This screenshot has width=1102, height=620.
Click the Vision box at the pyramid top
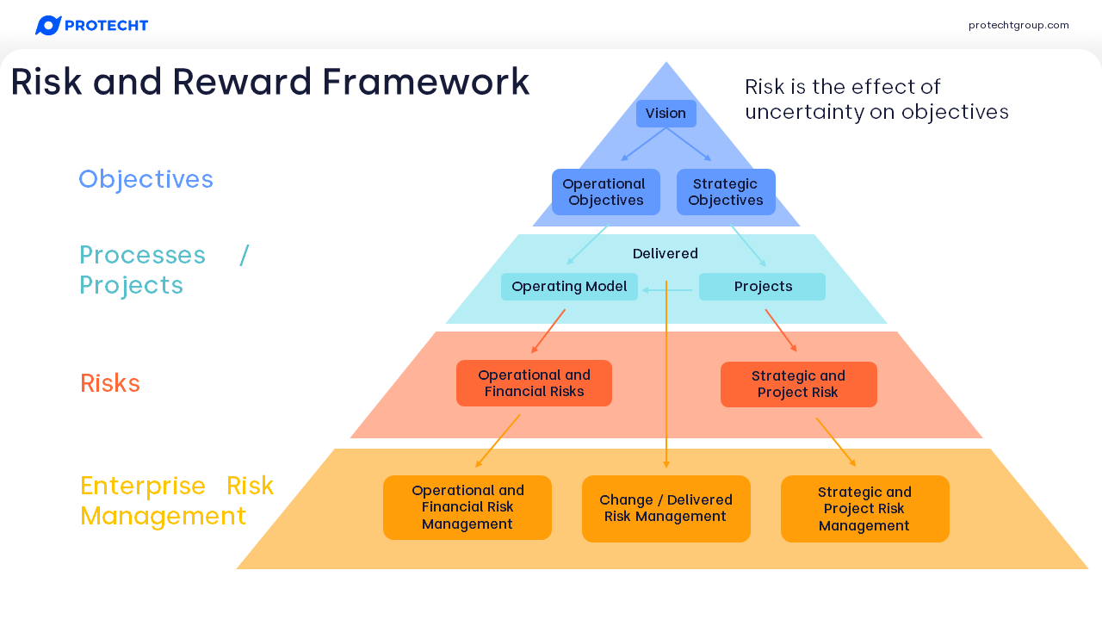pyautogui.click(x=666, y=114)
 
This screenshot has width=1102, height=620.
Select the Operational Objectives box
pyautogui.click(x=605, y=192)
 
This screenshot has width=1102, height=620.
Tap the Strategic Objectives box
pyautogui.click(x=726, y=192)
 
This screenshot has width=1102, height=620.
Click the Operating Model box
pyautogui.click(x=569, y=287)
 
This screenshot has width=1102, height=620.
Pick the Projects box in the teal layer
pyautogui.click(x=762, y=287)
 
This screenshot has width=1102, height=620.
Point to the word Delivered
pyautogui.click(x=666, y=254)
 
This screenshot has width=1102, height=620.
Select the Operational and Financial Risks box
pyautogui.click(x=534, y=383)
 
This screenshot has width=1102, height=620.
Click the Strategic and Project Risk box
pyautogui.click(x=798, y=384)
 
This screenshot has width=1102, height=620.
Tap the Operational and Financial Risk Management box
pyautogui.click(x=467, y=508)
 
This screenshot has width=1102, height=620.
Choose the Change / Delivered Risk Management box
pyautogui.click(x=666, y=509)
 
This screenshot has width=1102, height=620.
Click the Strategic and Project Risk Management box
pyautogui.click(x=864, y=509)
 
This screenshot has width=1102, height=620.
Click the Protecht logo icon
pyautogui.click(x=47, y=26)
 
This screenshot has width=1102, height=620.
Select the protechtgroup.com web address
pyautogui.click(x=1018, y=26)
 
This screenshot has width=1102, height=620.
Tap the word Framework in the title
pyautogui.click(x=426, y=83)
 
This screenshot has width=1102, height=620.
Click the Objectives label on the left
pyautogui.click(x=145, y=179)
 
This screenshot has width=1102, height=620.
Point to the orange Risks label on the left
pyautogui.click(x=110, y=383)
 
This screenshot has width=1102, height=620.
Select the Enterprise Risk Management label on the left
pyautogui.click(x=176, y=501)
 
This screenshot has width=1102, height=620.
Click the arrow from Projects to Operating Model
pyautogui.click(x=668, y=290)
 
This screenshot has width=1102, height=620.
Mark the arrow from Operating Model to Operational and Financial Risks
pyautogui.click(x=548, y=331)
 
